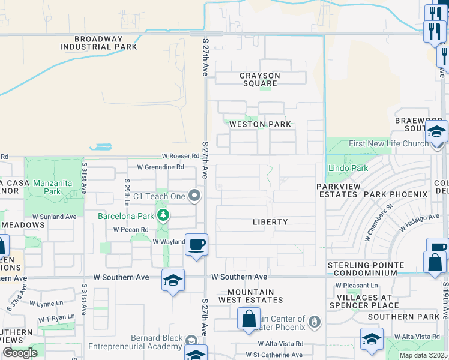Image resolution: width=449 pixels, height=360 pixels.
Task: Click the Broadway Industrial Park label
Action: point(98,42)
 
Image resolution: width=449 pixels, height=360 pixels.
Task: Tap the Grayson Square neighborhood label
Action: point(260,80)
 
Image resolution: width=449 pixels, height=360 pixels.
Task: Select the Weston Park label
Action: point(261,124)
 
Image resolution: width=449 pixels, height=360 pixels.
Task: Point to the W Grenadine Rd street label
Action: point(160,167)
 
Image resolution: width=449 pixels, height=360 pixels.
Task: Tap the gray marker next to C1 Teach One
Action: point(194,196)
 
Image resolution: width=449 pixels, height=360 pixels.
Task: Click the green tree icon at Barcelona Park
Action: point(162,215)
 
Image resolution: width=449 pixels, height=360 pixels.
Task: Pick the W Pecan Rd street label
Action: point(131,229)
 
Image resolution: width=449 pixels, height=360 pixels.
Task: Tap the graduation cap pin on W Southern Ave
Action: point(173,280)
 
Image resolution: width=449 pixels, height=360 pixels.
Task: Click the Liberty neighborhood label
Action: point(270,222)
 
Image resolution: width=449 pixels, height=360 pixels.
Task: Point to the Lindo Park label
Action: point(348,169)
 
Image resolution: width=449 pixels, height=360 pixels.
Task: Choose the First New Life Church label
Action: point(388,143)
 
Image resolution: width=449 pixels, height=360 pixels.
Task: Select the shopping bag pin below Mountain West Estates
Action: point(249,319)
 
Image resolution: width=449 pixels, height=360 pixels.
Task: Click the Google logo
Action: point(20,353)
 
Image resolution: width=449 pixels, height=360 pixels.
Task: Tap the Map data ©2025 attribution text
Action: point(423,355)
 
